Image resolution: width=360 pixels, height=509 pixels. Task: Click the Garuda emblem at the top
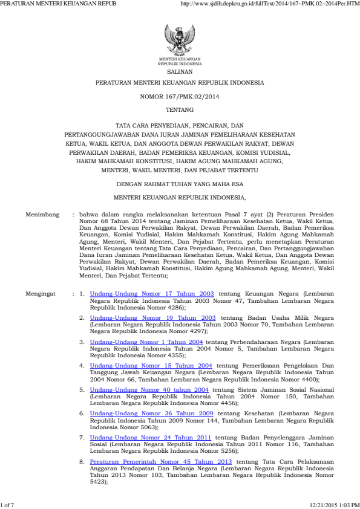(x=180, y=41)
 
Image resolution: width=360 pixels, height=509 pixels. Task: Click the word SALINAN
(x=180, y=71)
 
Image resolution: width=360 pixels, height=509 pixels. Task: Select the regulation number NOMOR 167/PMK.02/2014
(x=180, y=96)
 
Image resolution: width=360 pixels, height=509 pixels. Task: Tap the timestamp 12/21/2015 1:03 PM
(x=334, y=504)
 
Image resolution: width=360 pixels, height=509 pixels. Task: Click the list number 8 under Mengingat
(x=82, y=461)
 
